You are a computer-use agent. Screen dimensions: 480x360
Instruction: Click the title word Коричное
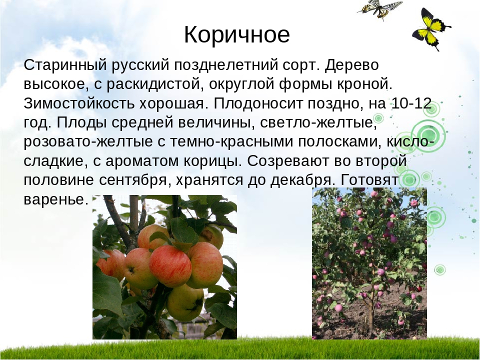(x=236, y=34)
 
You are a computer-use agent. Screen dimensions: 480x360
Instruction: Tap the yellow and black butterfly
(x=430, y=29)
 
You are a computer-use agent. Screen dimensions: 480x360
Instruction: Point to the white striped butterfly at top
(x=379, y=8)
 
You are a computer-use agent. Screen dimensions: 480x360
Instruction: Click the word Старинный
(x=65, y=65)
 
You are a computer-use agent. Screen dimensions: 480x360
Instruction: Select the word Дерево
(x=351, y=65)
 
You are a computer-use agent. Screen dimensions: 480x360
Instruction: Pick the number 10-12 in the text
(x=411, y=103)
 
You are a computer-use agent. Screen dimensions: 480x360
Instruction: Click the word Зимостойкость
(x=79, y=103)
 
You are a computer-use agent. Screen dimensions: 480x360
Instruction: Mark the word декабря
(x=301, y=180)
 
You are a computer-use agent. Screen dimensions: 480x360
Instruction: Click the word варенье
(x=55, y=199)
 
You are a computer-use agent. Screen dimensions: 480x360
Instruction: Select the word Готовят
(x=368, y=180)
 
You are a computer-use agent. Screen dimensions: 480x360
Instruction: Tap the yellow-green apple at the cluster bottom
(x=185, y=302)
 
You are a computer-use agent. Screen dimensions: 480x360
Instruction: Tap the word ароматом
(x=142, y=161)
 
